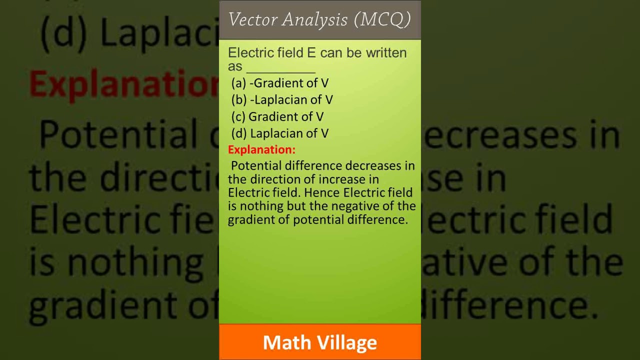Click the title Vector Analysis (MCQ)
[x=319, y=19]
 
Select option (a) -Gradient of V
[x=279, y=83]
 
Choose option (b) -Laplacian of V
[x=282, y=99]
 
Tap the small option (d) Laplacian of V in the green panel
[x=279, y=133]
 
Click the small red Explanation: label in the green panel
[x=261, y=149]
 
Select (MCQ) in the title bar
[x=382, y=19]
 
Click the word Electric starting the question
[x=247, y=53]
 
